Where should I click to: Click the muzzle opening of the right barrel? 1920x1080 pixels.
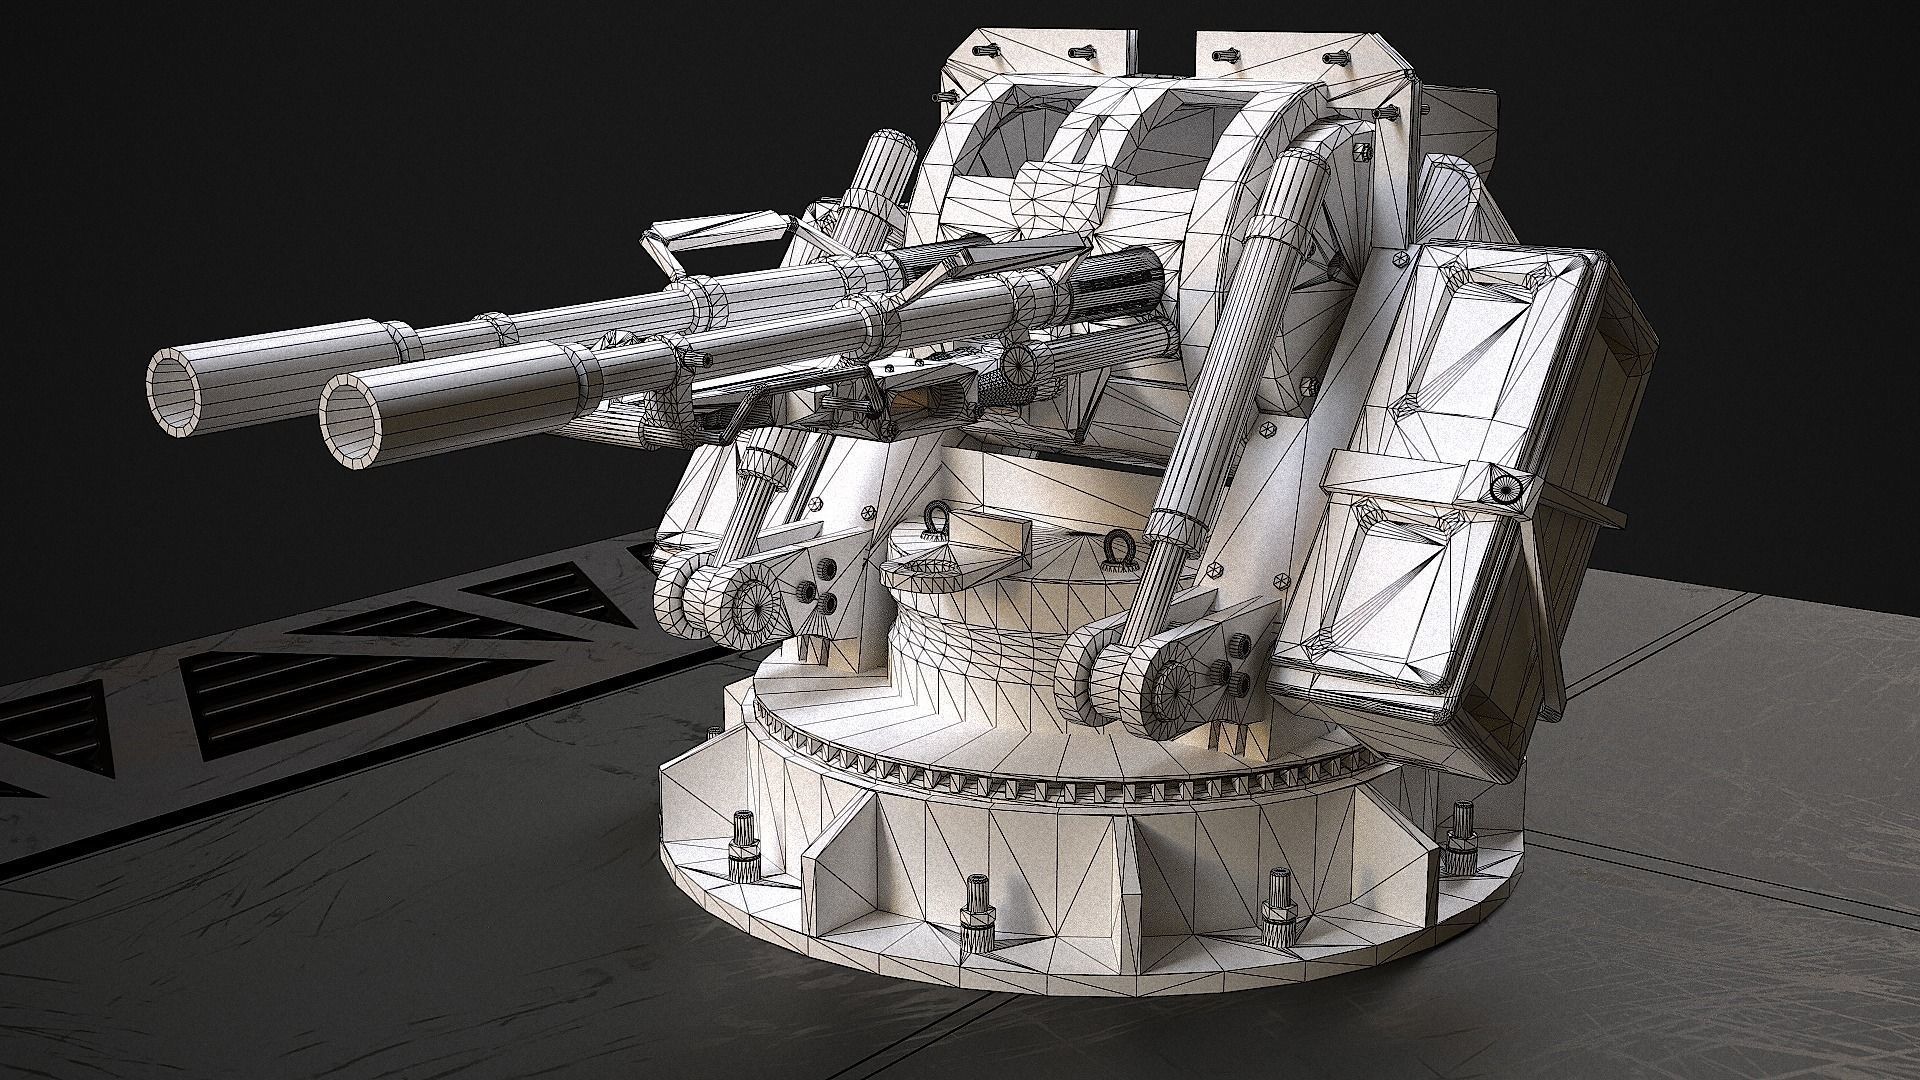point(352,420)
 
